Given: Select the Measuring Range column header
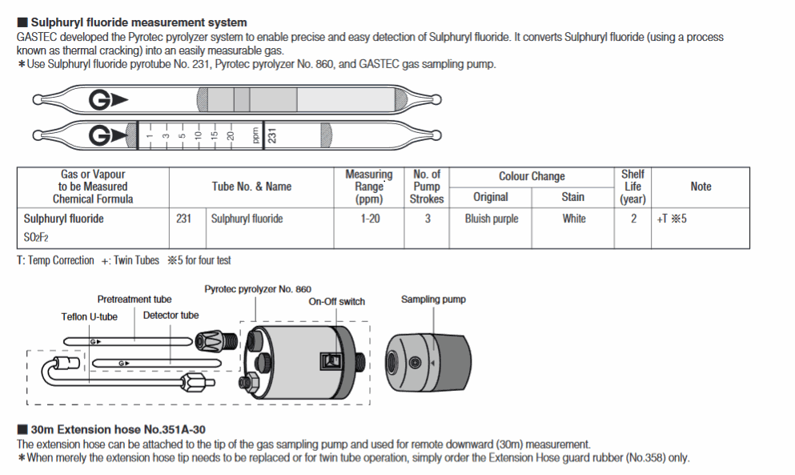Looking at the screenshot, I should coord(368,187).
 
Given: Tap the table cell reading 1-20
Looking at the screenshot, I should coord(368,219).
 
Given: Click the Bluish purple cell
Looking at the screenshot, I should coord(490,219).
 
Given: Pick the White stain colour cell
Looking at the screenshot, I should coord(573,219).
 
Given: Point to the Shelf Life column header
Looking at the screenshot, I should coord(632,187).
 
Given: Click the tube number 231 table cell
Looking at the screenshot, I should coord(183,219).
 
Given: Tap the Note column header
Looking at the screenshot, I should coord(701,187).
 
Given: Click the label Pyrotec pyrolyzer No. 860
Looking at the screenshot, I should coord(258,289).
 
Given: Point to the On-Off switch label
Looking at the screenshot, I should coord(336,302).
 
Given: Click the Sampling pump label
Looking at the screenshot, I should coord(433,300).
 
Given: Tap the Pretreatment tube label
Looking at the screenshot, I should coord(135,300).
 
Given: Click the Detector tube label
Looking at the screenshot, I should coord(171,316).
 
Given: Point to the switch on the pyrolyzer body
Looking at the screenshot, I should coord(330,361).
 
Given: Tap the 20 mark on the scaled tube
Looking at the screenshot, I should coord(230,136).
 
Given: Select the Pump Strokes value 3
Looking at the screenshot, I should coord(427,219).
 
